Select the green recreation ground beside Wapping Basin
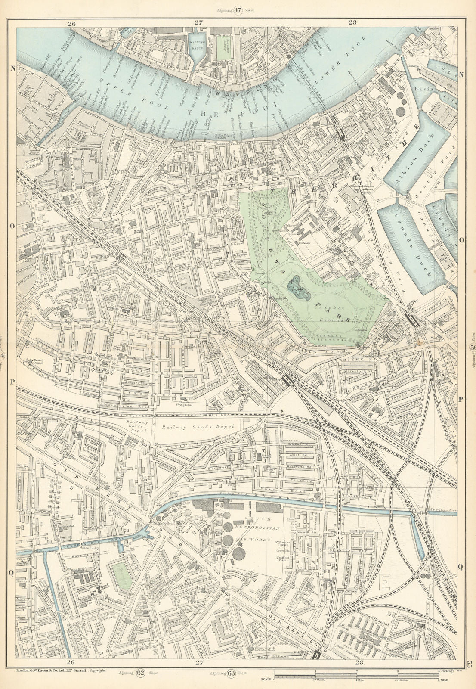click(223, 48)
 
